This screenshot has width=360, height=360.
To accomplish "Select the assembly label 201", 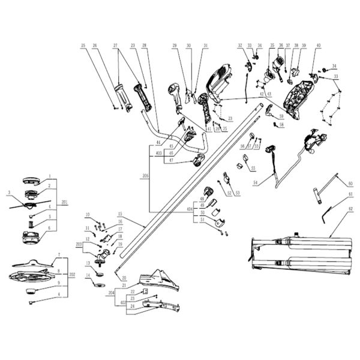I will click(x=65, y=203).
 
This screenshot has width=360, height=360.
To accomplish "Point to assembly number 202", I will click(x=72, y=275).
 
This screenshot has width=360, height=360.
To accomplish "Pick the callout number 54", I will click(x=255, y=182).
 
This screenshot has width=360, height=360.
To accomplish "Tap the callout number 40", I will click(x=318, y=46).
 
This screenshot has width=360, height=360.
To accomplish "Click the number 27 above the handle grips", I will click(x=115, y=46).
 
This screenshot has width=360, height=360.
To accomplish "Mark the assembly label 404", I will click(x=190, y=208).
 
